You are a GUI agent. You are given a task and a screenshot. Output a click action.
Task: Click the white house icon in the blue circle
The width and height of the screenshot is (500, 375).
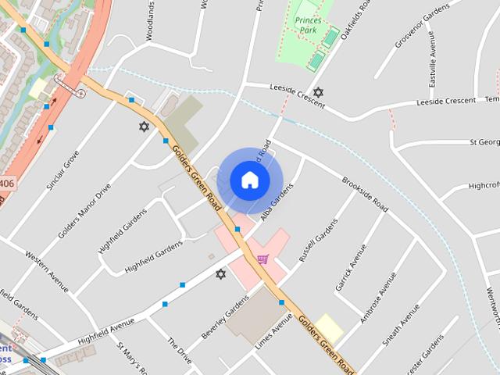(x=249, y=180)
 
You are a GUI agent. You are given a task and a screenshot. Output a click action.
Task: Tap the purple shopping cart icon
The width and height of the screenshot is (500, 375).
(x=263, y=259)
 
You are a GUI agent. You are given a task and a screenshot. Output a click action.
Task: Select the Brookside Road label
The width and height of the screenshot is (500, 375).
(x=365, y=195)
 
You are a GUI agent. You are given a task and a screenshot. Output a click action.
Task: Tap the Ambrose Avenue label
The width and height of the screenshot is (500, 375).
(x=373, y=308)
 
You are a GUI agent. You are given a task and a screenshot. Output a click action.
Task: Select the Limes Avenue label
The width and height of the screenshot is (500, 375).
(x=273, y=331)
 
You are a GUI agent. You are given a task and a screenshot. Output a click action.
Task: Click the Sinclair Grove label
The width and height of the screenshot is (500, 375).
(x=62, y=170)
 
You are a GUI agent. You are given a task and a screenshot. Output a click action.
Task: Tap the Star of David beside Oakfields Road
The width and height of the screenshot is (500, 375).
(x=318, y=92)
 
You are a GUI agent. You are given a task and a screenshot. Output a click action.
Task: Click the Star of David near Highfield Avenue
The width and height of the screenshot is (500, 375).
(x=220, y=274)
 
